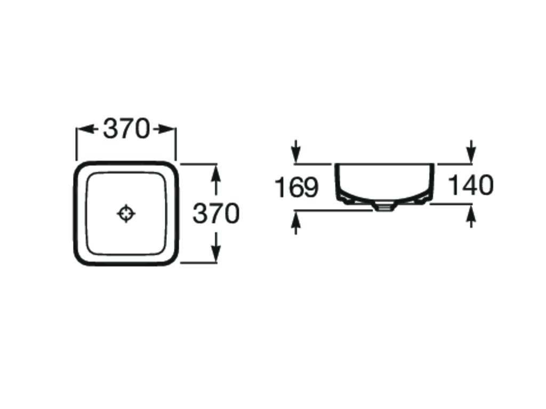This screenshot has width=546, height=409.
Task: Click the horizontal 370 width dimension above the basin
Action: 126,129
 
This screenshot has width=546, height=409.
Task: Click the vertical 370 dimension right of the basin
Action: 216,213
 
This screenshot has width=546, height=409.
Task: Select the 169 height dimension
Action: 296,187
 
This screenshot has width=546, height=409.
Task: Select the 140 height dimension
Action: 471,185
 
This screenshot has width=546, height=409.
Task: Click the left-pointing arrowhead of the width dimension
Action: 86,129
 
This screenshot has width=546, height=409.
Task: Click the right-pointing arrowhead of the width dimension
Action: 166,129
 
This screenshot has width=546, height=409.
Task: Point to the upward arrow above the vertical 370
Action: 216,179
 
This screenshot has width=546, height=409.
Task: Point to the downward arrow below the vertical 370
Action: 216,247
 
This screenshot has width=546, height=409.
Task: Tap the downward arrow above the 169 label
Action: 295,151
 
